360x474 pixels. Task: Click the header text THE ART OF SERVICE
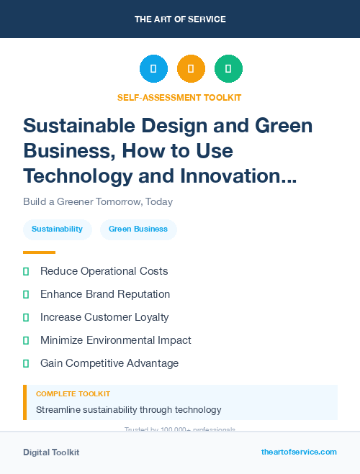pos(180,19)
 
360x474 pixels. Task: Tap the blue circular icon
pos(153,69)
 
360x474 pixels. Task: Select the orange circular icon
pos(191,69)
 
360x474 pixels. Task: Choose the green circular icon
pos(228,69)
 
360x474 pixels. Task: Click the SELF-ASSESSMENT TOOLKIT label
pos(179,97)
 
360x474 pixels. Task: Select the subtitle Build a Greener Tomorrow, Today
pos(98,202)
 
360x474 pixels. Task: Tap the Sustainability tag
pos(57,229)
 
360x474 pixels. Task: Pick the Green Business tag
pos(138,229)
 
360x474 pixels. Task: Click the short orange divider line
pos(39,252)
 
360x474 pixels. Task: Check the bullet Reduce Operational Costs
pos(104,271)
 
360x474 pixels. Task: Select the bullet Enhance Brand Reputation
pos(105,294)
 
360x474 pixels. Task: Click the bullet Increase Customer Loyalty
pos(104,317)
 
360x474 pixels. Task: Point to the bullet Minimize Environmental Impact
pos(115,340)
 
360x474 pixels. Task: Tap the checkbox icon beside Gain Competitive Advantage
pos(26,363)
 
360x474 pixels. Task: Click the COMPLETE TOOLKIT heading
pos(73,394)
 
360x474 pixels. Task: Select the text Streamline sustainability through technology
pos(128,410)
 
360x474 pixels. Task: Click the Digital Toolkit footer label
pos(51,452)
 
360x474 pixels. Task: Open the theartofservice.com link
pos(299,452)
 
